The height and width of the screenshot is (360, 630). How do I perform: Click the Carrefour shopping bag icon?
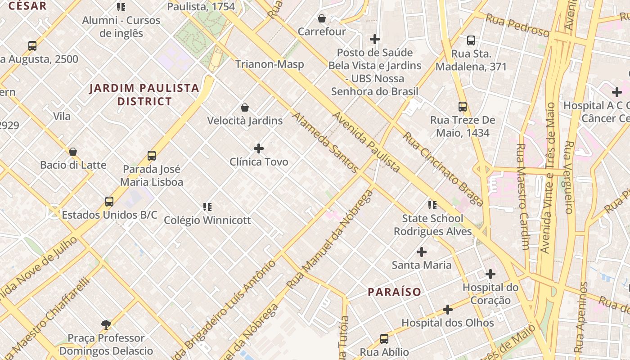pyautogui.click(x=322, y=18)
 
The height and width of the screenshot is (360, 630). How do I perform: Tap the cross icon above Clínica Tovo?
pyautogui.click(x=259, y=148)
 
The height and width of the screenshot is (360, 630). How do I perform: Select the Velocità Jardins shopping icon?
pyautogui.click(x=245, y=108)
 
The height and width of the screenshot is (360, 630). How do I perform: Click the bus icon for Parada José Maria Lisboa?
pyautogui.click(x=152, y=156)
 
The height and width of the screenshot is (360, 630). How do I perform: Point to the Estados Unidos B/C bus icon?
pyautogui.click(x=109, y=202)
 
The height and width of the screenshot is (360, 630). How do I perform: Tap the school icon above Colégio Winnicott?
pyautogui.click(x=207, y=207)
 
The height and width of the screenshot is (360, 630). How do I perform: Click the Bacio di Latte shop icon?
pyautogui.click(x=73, y=152)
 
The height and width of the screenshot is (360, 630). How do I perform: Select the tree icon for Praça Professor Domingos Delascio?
pyautogui.click(x=106, y=324)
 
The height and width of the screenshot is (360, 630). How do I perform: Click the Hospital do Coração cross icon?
pyautogui.click(x=490, y=274)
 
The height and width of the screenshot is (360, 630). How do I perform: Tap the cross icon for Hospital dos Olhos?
pyautogui.click(x=448, y=310)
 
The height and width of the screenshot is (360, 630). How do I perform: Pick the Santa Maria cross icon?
pyautogui.click(x=422, y=252)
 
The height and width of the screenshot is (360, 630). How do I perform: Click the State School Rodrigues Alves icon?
pyautogui.click(x=432, y=205)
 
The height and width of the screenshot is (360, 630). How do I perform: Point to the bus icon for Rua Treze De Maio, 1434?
pyautogui.click(x=463, y=107)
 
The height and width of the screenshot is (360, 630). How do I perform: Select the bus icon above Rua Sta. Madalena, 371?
pyautogui.click(x=471, y=40)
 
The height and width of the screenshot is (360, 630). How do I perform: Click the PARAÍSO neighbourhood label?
pyautogui.click(x=395, y=292)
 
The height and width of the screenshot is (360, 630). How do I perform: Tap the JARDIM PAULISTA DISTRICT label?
pyautogui.click(x=144, y=94)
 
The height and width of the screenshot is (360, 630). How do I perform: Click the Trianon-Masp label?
pyautogui.click(x=270, y=64)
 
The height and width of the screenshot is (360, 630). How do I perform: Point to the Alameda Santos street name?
pyautogui.click(x=326, y=143)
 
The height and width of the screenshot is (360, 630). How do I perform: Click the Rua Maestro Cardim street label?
pyautogui.click(x=522, y=196)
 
